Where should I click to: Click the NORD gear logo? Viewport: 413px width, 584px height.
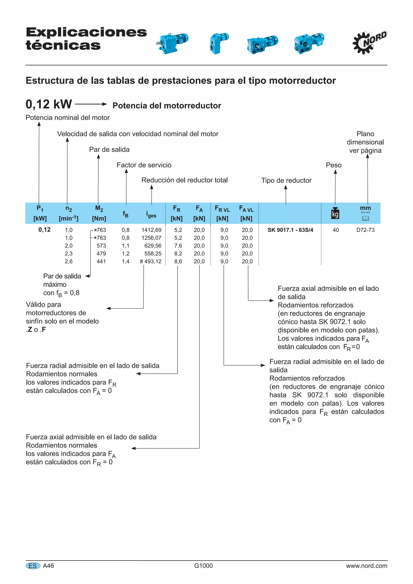[x=369, y=42]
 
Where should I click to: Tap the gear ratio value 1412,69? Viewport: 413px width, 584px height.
[x=151, y=230]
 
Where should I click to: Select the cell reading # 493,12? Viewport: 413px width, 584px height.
[x=151, y=261]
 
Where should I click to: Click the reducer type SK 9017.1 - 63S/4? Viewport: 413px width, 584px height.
[x=290, y=230]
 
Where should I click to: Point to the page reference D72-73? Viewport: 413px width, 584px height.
[x=365, y=230]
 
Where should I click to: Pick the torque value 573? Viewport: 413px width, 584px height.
[x=101, y=246]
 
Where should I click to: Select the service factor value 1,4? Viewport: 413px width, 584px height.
[x=125, y=261]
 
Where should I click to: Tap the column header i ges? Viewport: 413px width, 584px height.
[x=151, y=214]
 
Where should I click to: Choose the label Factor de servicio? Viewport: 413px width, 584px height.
[x=144, y=165]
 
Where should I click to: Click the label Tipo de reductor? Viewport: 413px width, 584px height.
[x=286, y=180]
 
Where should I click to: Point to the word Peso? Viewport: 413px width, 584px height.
[x=334, y=165]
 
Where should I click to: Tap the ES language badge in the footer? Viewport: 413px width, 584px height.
[x=33, y=566]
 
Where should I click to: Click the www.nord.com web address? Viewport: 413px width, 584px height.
[x=366, y=566]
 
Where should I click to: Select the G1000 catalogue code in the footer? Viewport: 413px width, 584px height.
[x=203, y=566]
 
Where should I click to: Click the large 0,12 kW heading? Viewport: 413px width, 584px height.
[x=49, y=104]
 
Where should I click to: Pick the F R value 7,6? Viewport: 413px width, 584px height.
[x=178, y=246]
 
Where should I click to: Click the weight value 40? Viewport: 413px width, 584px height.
[x=336, y=230]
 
